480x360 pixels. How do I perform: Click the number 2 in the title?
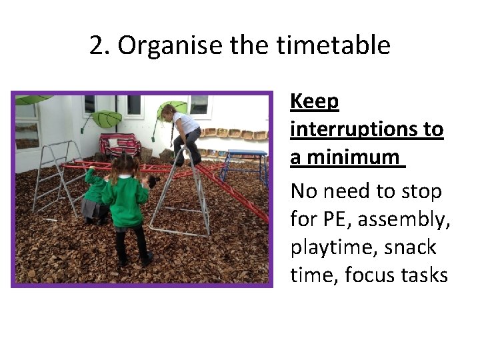[x=97, y=46]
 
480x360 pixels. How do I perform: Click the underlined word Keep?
[x=315, y=102]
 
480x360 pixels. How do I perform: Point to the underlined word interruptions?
[x=366, y=129]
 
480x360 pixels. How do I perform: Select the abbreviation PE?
[x=337, y=219]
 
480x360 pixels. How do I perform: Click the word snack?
[x=407, y=247]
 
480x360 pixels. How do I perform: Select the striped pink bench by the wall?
[x=120, y=145]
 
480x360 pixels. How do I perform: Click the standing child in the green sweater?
[x=127, y=207]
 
